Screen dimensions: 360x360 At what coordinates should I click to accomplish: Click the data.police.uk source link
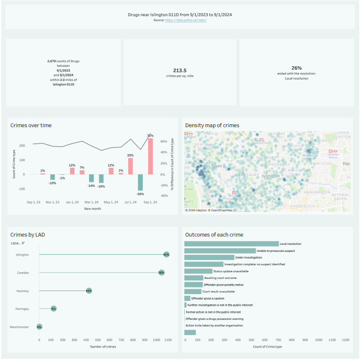(186, 20)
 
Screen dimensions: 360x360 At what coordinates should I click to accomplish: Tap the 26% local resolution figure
(296, 68)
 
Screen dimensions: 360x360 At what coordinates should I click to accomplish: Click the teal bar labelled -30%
(140, 182)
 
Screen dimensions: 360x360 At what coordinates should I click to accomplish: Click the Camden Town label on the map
(208, 166)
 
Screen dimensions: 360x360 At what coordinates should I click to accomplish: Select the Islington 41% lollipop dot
(166, 254)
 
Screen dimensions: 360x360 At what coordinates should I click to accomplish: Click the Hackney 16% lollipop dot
(89, 291)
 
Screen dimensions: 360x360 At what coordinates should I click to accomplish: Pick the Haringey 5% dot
(53, 309)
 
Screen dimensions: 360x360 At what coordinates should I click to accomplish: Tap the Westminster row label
(19, 327)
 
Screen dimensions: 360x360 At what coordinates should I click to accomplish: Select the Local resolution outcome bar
(231, 244)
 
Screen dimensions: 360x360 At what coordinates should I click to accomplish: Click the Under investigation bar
(209, 258)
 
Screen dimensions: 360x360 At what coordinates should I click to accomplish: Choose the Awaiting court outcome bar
(194, 278)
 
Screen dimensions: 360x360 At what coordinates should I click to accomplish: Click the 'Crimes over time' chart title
(31, 125)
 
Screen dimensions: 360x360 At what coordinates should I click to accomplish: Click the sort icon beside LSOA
(23, 243)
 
